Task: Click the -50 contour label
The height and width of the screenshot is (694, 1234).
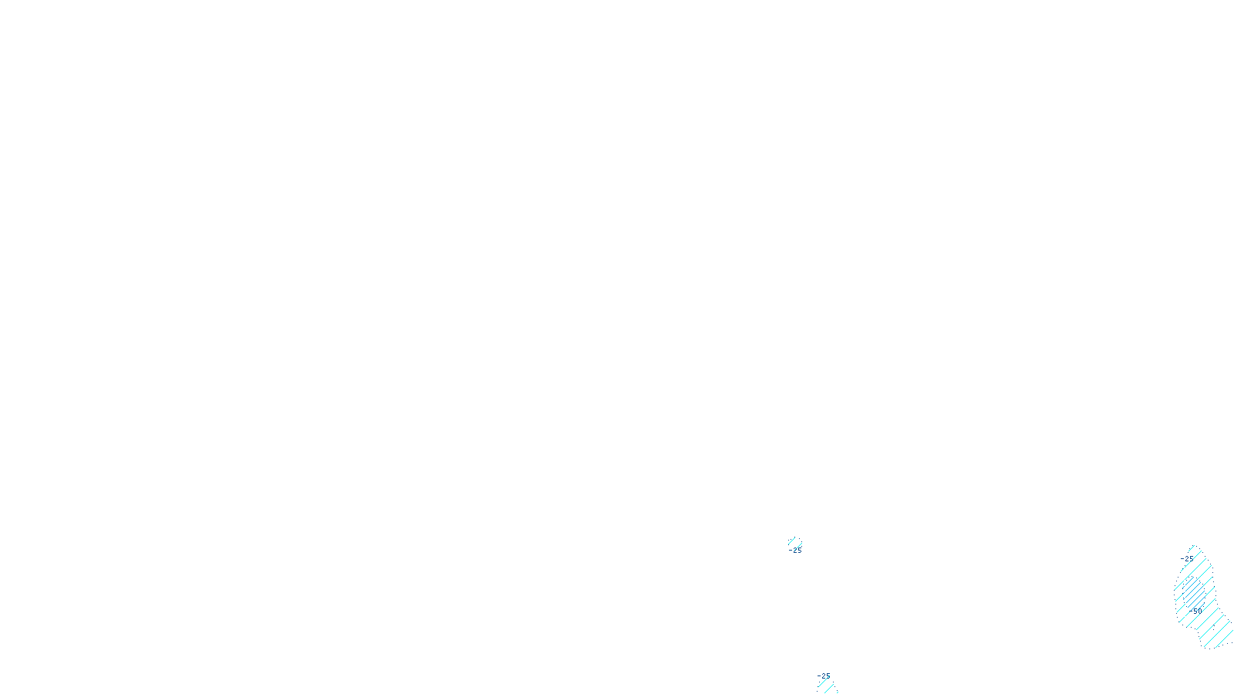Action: point(1195,611)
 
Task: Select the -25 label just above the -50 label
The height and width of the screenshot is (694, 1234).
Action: point(1187,559)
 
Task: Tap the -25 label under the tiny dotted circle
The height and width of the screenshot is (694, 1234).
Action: point(795,551)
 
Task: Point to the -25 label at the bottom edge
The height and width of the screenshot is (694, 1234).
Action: point(824,676)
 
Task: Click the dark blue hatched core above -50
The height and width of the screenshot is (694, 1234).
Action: point(1194,593)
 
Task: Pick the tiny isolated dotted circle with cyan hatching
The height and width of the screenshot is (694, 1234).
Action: point(795,542)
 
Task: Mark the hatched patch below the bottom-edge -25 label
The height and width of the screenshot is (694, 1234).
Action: point(828,687)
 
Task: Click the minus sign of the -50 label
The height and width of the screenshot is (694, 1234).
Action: point(1190,611)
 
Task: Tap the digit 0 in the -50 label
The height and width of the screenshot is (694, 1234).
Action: point(1200,611)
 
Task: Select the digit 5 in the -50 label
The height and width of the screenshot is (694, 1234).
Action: point(1195,611)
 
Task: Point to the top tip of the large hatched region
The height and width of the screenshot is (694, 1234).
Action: point(1193,545)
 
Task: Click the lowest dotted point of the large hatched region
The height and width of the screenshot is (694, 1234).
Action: point(1210,649)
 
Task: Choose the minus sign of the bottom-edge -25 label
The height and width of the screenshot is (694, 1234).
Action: point(818,676)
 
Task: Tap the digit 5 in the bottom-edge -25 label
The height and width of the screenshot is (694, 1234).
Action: point(828,676)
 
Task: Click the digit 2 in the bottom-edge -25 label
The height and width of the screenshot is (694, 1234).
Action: point(823,676)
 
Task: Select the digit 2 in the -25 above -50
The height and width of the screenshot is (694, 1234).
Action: point(1186,559)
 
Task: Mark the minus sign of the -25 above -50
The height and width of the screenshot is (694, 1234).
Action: point(1182,559)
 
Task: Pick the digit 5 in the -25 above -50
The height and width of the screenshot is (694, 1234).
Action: point(1191,559)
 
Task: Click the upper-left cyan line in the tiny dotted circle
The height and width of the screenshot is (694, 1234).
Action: point(791,541)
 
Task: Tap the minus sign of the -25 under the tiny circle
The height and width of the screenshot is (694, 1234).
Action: point(790,551)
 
